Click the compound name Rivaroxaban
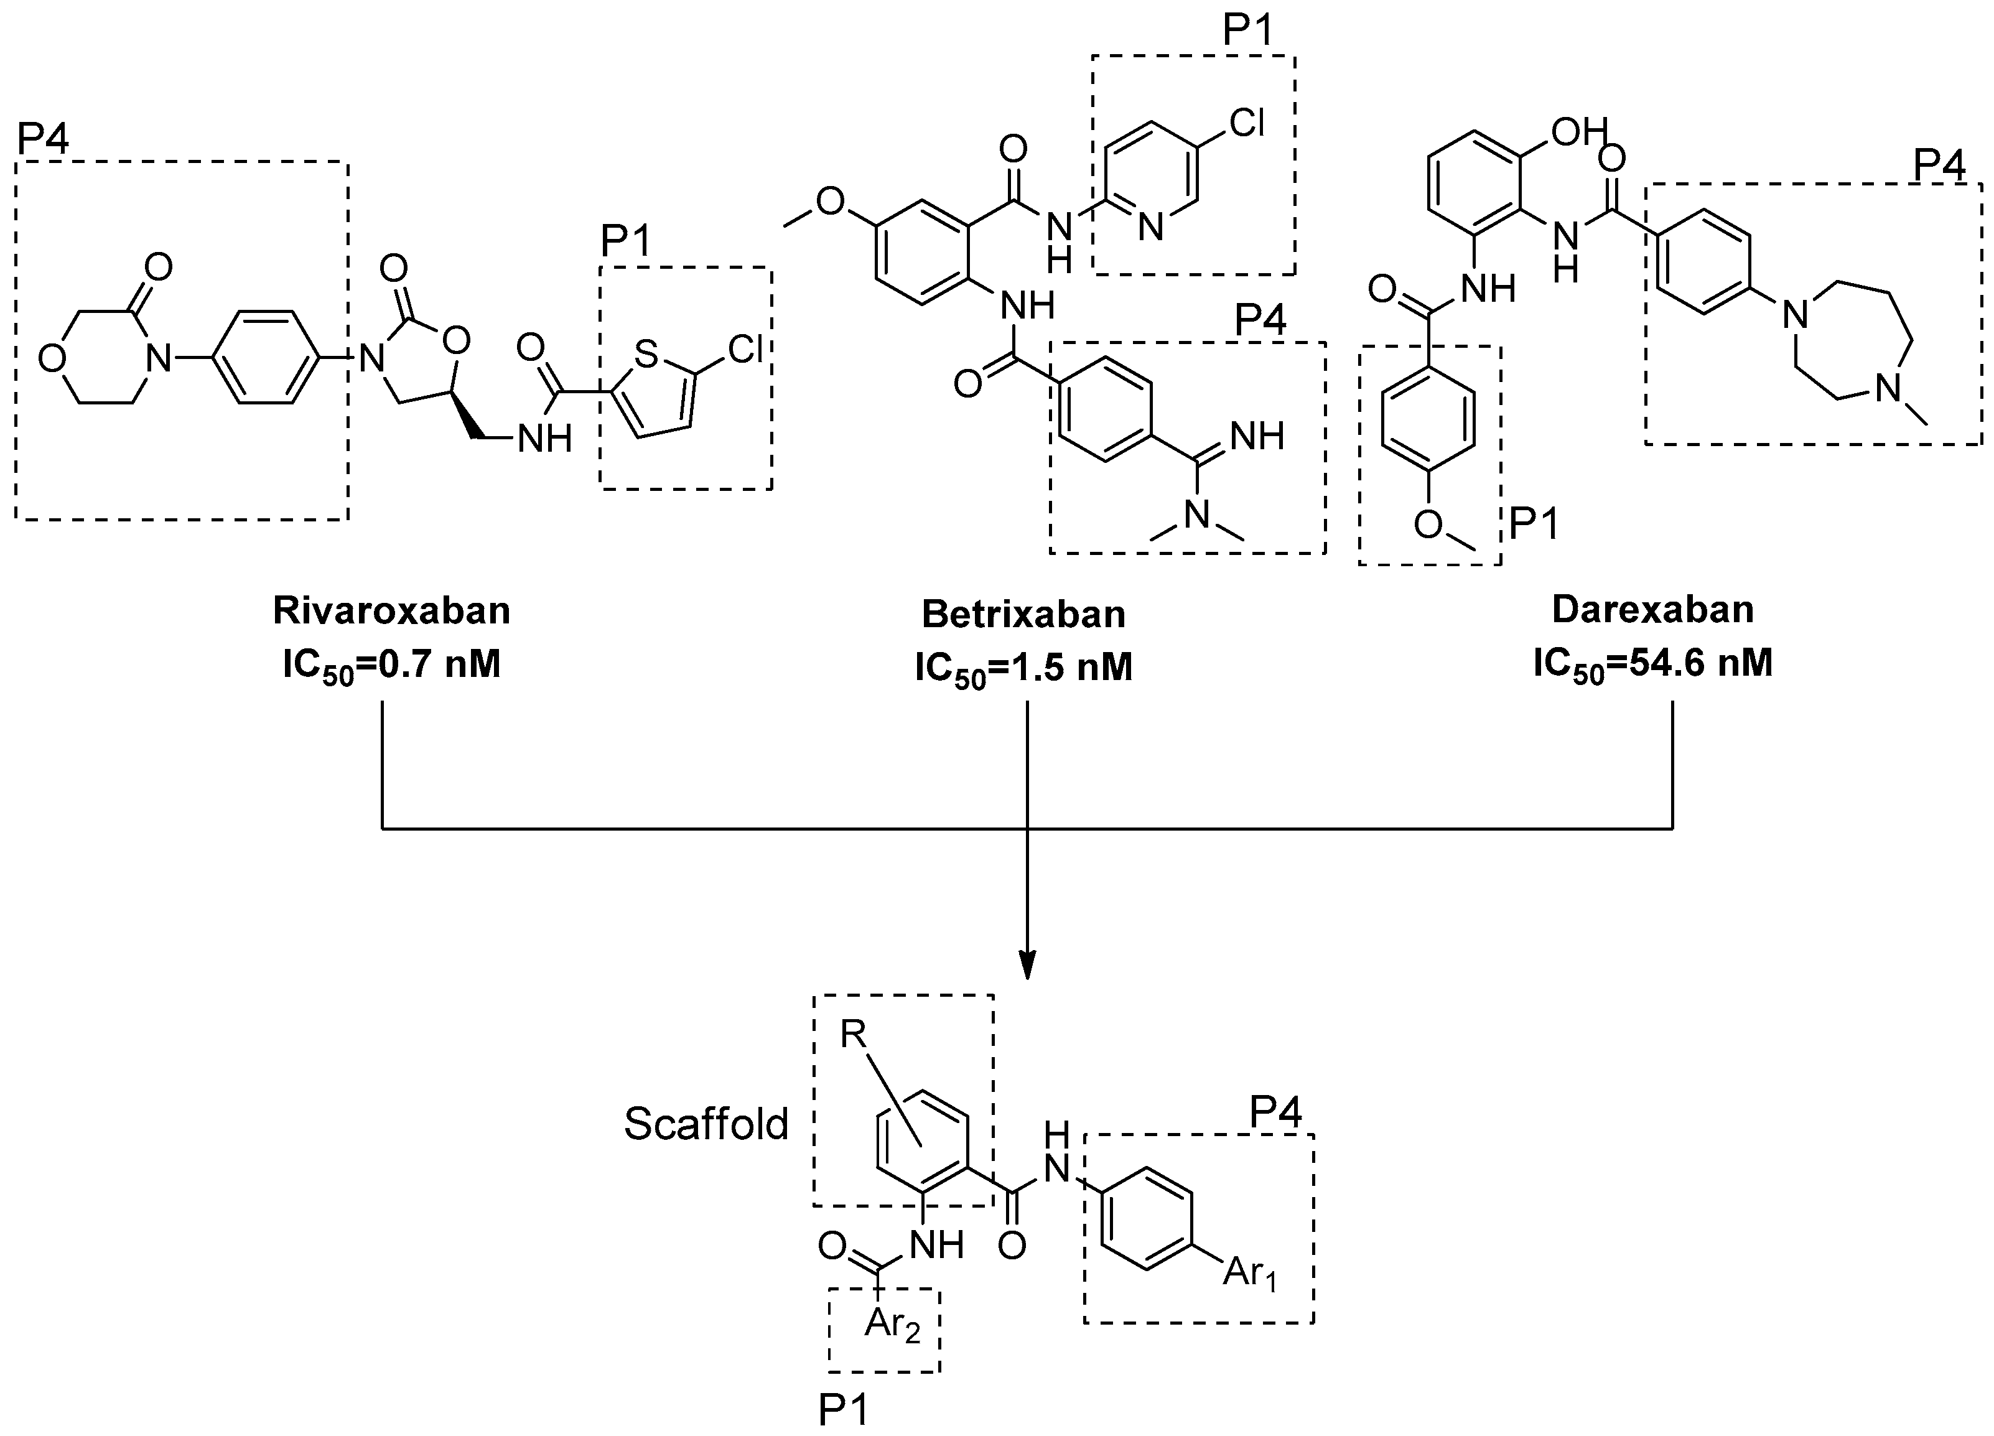[x=391, y=610]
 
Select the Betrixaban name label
[x=1023, y=614]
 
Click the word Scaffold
[x=706, y=1124]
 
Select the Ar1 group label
[x=1249, y=1272]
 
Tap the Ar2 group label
[x=891, y=1323]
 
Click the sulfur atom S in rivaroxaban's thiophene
[x=646, y=355]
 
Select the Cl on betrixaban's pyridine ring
[x=1247, y=123]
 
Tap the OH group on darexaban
[x=1578, y=132]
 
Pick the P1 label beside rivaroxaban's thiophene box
[x=626, y=241]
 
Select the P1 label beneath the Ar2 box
[x=843, y=1410]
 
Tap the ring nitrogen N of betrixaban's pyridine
[x=1150, y=228]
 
